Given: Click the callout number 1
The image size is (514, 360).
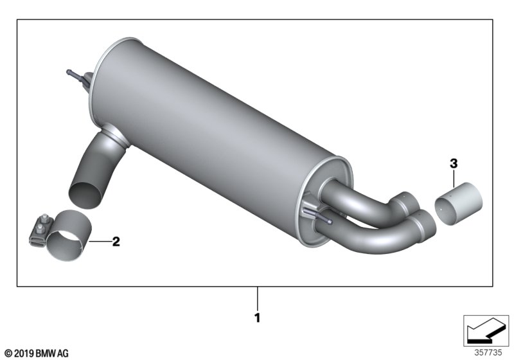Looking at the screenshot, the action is click(258, 318).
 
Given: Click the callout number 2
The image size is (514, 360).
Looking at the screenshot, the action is click(116, 242).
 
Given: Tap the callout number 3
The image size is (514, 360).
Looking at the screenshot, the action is click(454, 163).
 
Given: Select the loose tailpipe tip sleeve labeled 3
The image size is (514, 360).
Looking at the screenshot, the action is click(458, 204).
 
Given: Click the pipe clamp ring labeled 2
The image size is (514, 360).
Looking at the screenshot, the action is click(69, 235).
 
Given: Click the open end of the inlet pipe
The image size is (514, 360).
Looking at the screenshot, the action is click(85, 195).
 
